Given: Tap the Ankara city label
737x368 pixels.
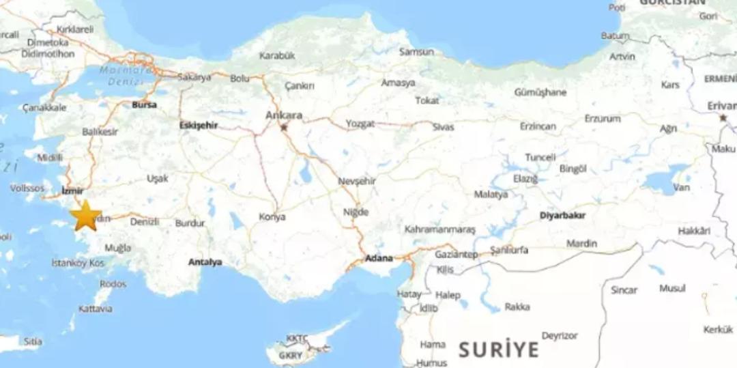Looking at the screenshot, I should tap(284, 115).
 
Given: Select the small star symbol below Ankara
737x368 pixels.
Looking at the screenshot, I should tap(284, 127).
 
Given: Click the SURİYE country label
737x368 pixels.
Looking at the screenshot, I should tap(498, 350).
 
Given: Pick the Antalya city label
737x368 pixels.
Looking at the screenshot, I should tap(205, 261).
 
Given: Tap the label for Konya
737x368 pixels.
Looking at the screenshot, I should tap(272, 217).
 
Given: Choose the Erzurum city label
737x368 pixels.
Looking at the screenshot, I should tap(603, 118).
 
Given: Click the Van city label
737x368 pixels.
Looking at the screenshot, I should tap(681, 187).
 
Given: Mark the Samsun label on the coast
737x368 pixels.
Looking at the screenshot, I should tap(416, 51).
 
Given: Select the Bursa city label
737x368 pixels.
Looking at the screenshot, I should tap(144, 104).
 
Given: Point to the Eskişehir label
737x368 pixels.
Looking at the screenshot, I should tap(198, 125).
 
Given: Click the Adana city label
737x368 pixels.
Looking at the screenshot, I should tap(379, 258).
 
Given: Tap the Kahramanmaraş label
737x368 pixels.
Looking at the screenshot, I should tap(440, 229).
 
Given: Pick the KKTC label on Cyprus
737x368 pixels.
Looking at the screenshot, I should tap(298, 339).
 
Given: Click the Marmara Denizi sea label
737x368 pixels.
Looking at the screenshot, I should tap(127, 76).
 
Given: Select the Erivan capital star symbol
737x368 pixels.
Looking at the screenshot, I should tap(723, 117).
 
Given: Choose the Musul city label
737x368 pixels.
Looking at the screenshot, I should tap(672, 288).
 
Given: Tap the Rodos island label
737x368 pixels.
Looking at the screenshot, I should tap(113, 283).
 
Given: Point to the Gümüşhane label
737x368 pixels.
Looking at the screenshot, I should tap(540, 92).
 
